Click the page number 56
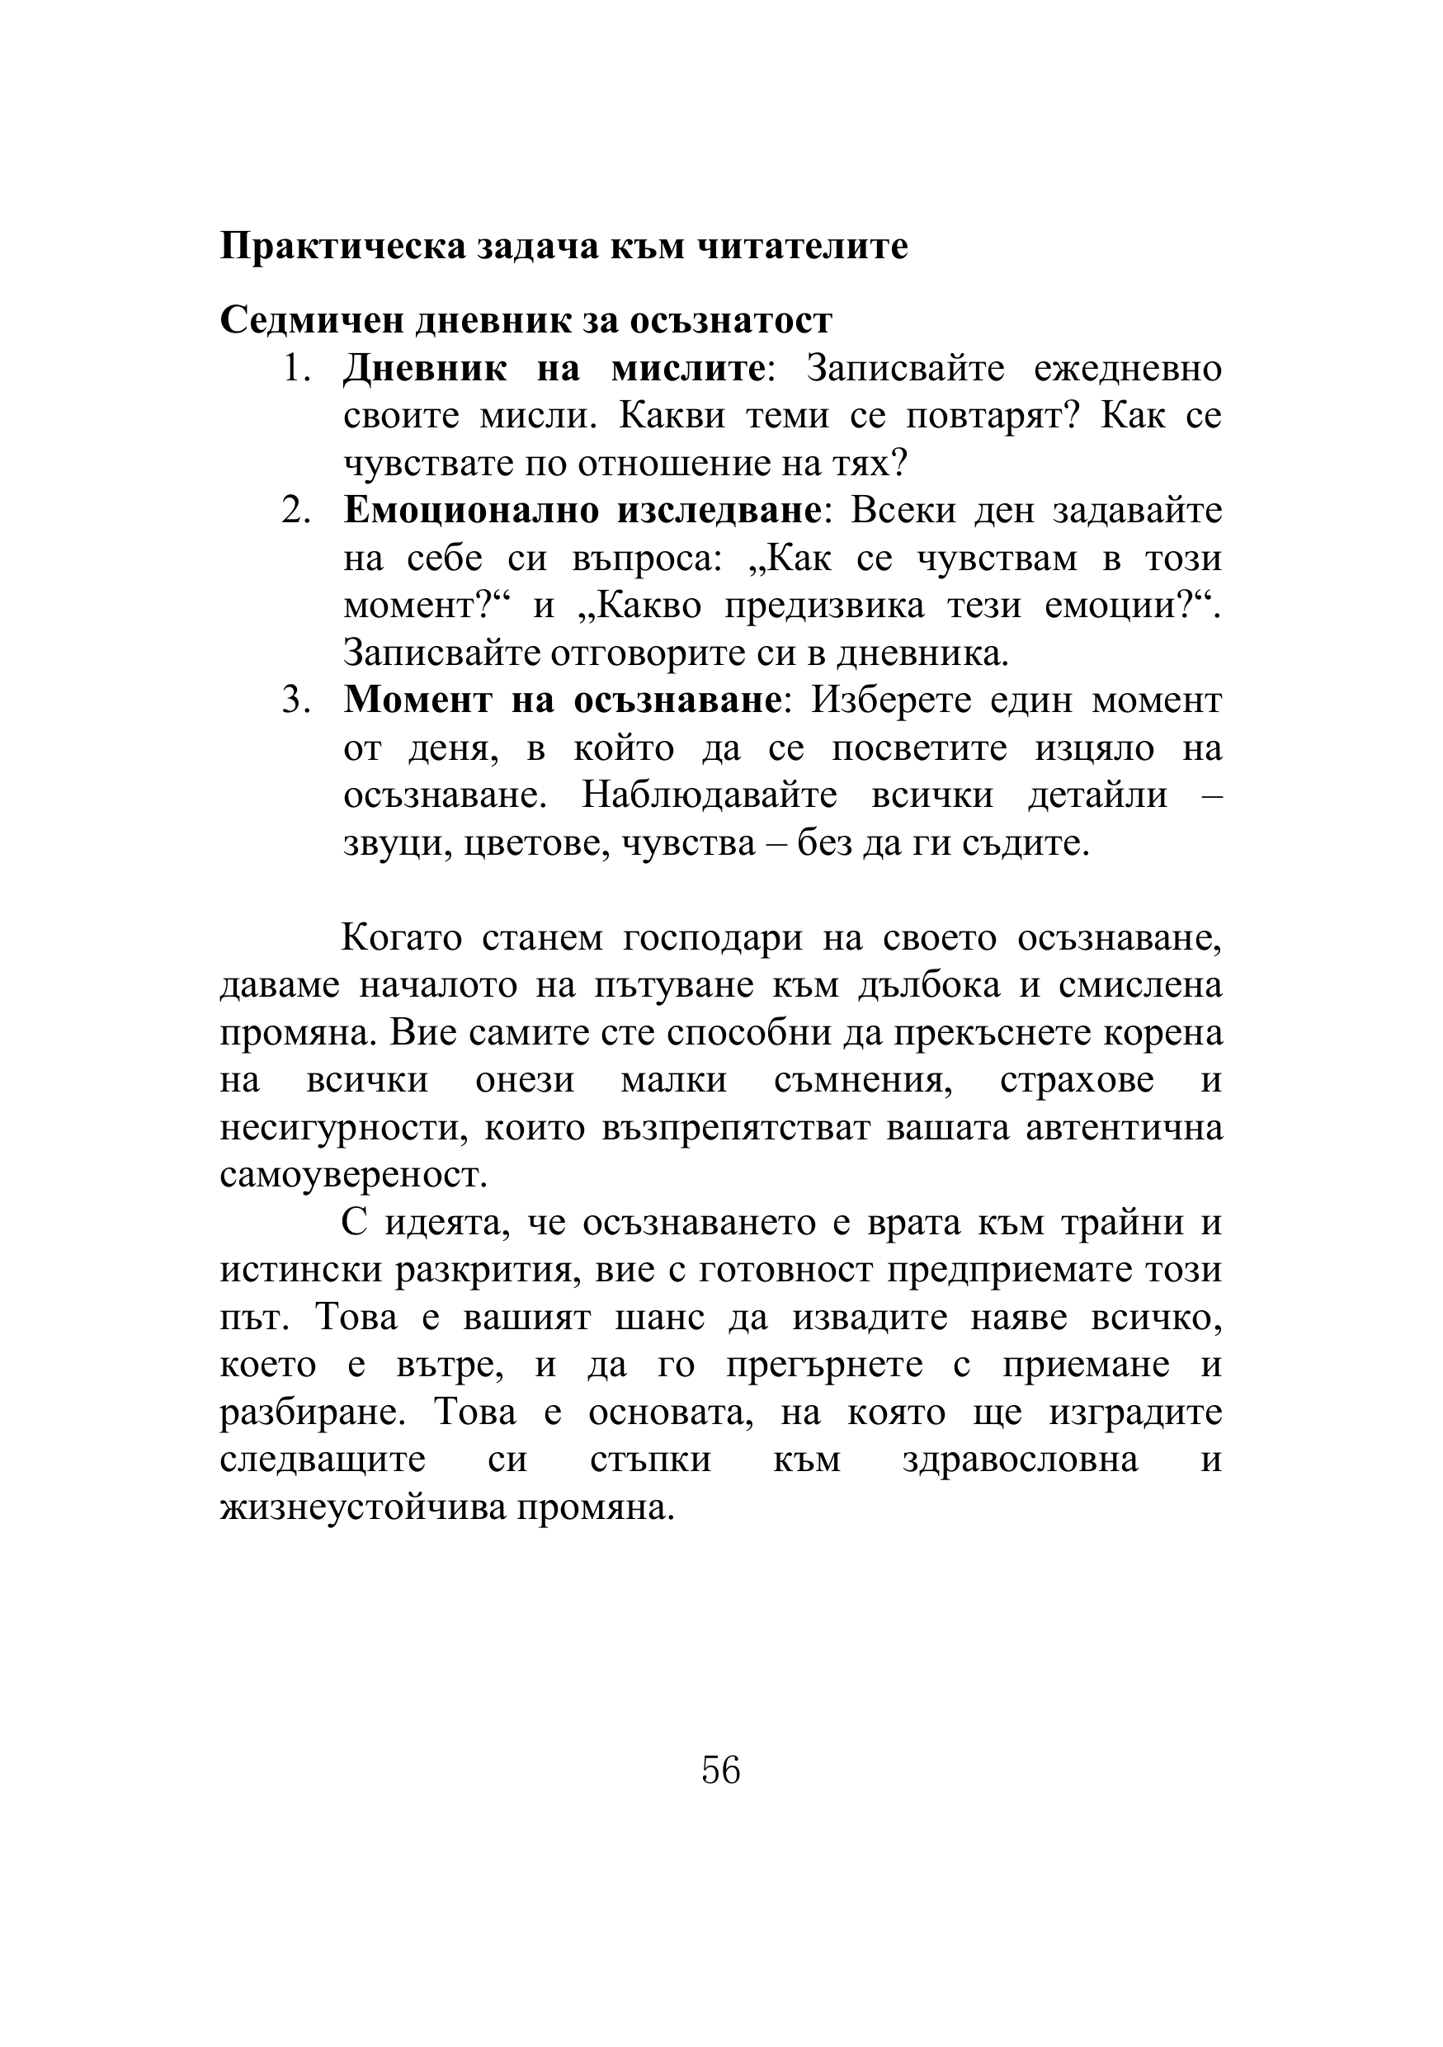[720, 1769]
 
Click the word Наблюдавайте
[709, 795]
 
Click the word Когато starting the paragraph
[401, 939]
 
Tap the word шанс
[658, 1318]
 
